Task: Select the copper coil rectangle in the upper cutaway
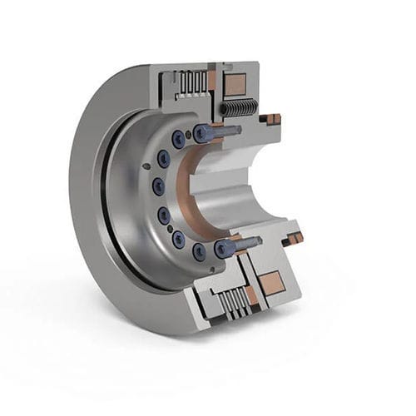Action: coord(235,84)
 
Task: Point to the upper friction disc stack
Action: coord(193,82)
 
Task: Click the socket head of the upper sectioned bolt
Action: coord(201,132)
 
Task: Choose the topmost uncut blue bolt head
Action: coord(179,140)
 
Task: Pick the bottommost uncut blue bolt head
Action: coord(200,249)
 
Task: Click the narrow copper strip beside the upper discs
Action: coord(211,80)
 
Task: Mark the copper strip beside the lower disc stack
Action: coord(250,295)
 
